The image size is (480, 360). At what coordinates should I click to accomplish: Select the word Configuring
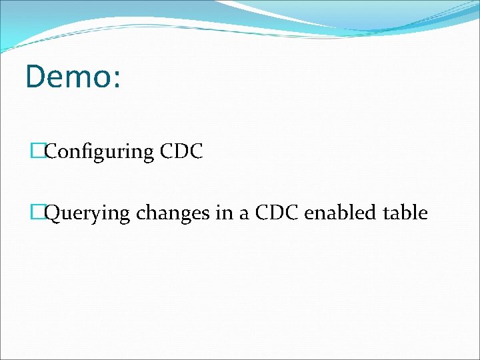point(99,152)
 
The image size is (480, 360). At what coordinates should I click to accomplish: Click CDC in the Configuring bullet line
point(181,151)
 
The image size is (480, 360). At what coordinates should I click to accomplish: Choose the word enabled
point(341,213)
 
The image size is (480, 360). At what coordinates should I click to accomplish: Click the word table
point(405,213)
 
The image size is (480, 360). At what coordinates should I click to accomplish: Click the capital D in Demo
point(36,77)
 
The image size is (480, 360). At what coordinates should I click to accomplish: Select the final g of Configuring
point(149,154)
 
